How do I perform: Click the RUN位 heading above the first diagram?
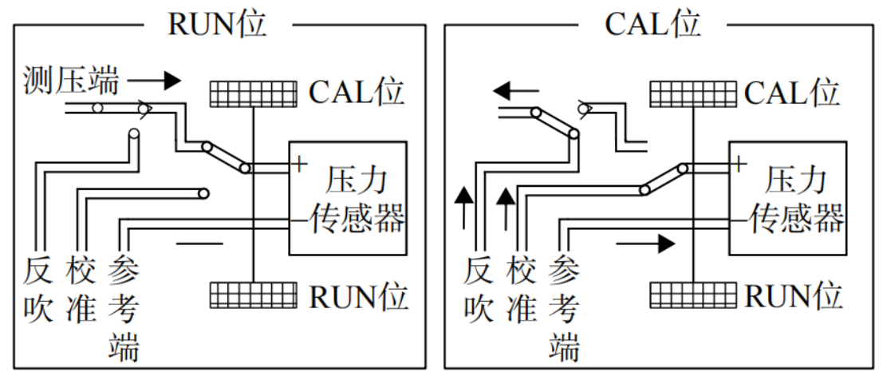coord(217,23)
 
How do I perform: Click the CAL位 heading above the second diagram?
coord(652,23)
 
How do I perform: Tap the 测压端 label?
coord(71,81)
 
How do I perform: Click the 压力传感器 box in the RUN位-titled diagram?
coord(348,198)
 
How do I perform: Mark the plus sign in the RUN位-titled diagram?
coord(298,164)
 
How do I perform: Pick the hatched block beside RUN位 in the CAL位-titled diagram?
coord(692,295)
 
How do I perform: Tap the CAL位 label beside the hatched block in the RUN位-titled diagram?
coord(357,93)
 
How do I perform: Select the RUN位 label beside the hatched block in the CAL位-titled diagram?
coord(794,296)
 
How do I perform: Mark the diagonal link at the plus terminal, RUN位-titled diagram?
coord(226,157)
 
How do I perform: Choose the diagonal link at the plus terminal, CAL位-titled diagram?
coord(663,179)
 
